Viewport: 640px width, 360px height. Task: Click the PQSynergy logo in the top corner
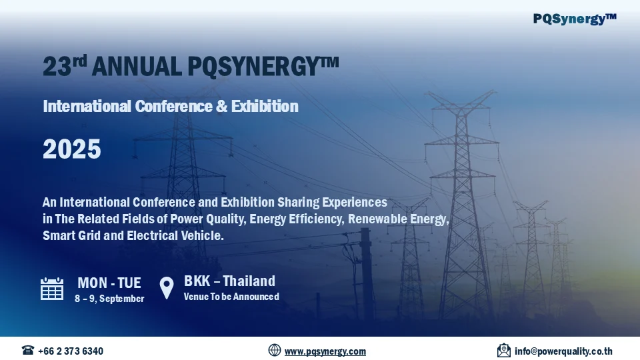[x=575, y=19]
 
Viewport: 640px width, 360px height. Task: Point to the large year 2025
[x=72, y=149]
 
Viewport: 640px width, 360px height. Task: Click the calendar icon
[x=52, y=288]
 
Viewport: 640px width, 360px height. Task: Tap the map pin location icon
[x=167, y=288]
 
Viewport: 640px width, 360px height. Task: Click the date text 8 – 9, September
[x=109, y=299]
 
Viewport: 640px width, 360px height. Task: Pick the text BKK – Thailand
[x=229, y=281]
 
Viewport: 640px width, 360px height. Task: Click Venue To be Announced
[x=231, y=297]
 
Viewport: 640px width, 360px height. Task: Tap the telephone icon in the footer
[x=28, y=351]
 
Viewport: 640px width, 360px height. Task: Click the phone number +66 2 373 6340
[x=71, y=351]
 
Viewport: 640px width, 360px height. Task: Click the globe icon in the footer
[x=275, y=351]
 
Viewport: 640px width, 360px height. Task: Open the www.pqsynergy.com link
[x=325, y=351]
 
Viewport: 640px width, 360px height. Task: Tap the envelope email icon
[x=504, y=351]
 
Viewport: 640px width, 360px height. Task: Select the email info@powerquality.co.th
[x=563, y=351]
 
